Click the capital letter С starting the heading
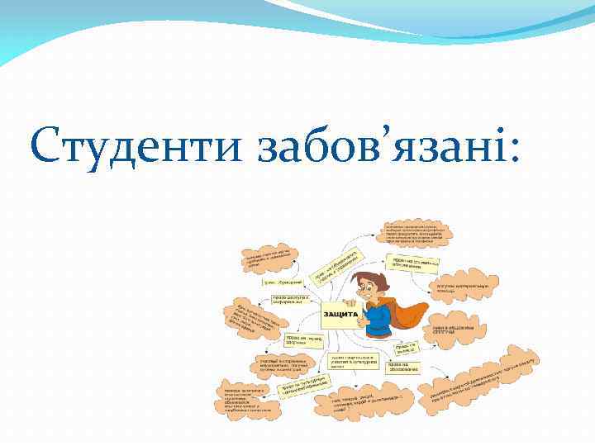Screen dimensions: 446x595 [46, 146]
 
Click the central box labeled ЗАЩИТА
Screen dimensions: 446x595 [340, 315]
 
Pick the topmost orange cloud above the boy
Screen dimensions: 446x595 [417, 233]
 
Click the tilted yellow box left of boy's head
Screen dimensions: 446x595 [335, 265]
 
